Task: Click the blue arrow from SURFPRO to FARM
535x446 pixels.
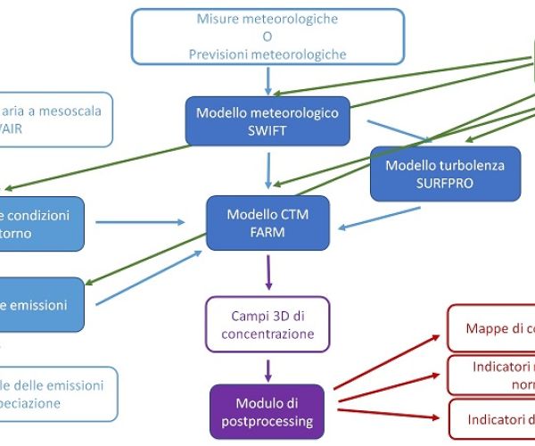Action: tap(379, 216)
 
